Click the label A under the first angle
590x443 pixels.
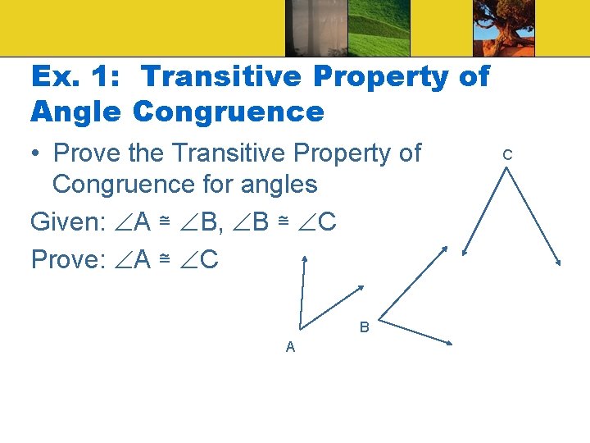[290, 347]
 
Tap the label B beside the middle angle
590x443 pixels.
[365, 328]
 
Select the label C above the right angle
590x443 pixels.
[507, 154]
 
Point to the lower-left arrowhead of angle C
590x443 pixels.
[463, 253]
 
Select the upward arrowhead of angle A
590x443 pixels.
[305, 260]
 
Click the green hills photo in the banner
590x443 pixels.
[376, 28]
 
